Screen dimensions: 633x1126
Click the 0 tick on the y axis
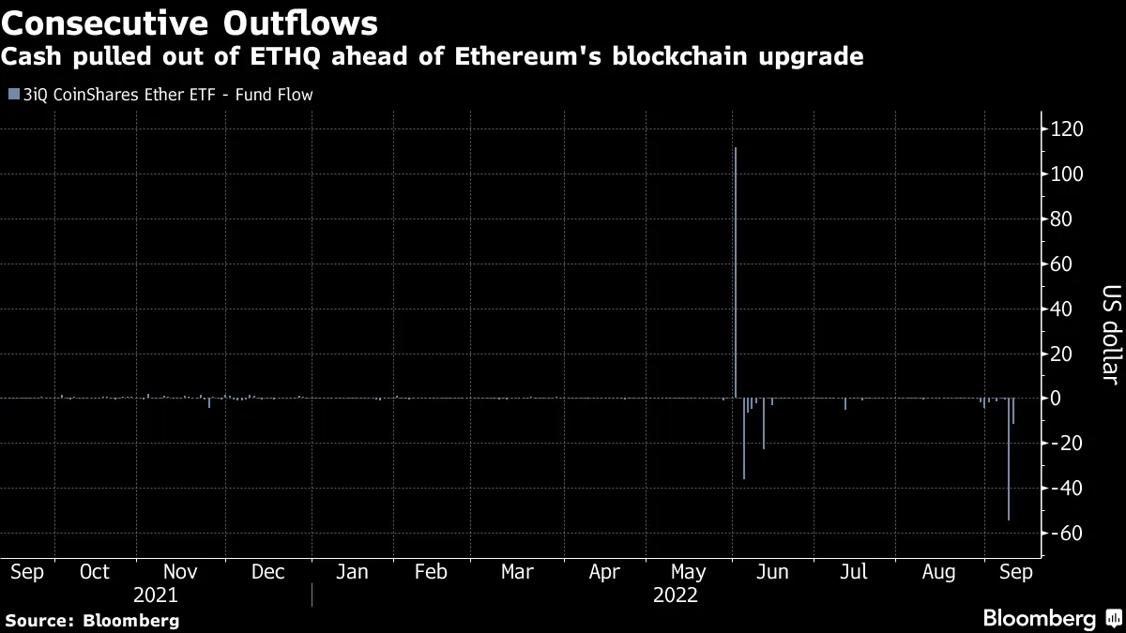pyautogui.click(x=1056, y=399)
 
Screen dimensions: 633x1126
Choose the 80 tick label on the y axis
pyautogui.click(x=1061, y=219)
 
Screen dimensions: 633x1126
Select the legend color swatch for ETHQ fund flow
pyautogui.click(x=11, y=95)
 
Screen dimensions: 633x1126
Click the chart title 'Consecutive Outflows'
pyautogui.click(x=191, y=22)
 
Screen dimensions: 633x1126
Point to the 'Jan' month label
pyautogui.click(x=352, y=572)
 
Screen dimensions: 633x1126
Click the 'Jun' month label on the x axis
pyautogui.click(x=771, y=572)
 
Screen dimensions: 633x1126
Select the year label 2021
pyautogui.click(x=155, y=595)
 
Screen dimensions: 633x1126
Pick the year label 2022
pyautogui.click(x=676, y=595)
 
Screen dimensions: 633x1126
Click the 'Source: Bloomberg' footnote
pyautogui.click(x=92, y=620)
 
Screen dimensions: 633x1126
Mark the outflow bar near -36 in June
pyautogui.click(x=744, y=450)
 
